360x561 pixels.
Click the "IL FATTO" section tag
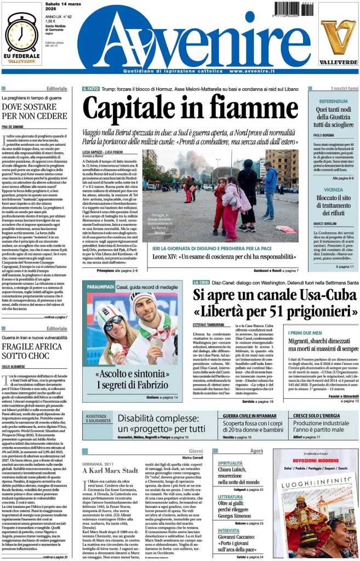90,89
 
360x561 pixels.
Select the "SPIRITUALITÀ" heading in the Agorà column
230,463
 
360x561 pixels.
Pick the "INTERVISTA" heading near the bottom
228,530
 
